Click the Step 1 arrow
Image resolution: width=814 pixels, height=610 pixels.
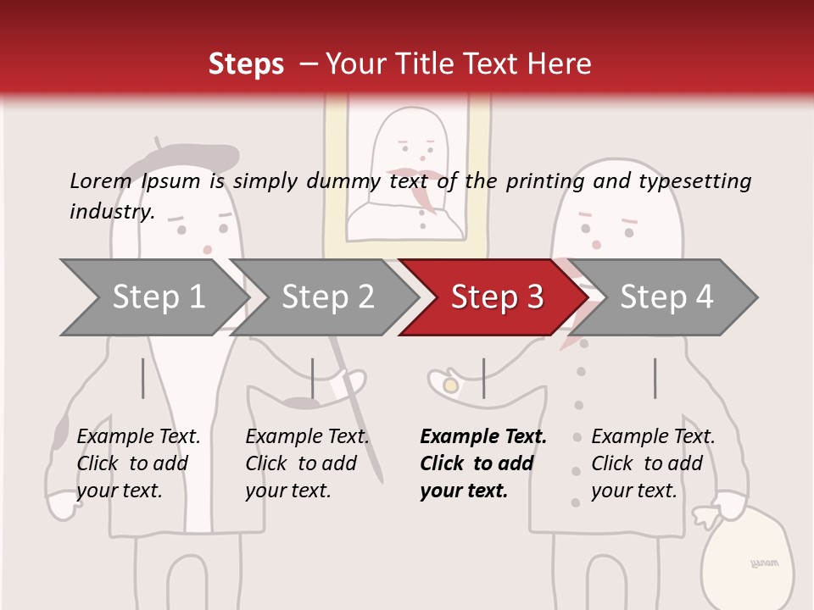[153, 297]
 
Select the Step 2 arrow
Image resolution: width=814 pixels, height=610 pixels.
[326, 297]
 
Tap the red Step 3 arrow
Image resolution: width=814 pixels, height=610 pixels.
[496, 297]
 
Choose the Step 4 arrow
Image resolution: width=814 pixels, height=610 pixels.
[666, 297]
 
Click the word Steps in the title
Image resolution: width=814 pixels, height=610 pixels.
[246, 64]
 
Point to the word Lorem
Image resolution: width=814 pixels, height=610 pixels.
[100, 180]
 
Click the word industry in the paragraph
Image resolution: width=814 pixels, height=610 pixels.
[111, 211]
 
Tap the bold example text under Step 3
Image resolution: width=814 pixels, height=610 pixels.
[482, 463]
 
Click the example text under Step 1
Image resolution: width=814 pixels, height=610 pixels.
[138, 463]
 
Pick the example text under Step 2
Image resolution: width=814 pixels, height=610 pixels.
[307, 463]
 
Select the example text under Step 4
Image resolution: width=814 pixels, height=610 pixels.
[653, 463]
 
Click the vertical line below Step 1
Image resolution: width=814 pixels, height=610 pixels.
[143, 378]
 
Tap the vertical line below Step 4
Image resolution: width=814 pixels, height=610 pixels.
[655, 378]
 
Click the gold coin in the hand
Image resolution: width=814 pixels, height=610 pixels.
[451, 385]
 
